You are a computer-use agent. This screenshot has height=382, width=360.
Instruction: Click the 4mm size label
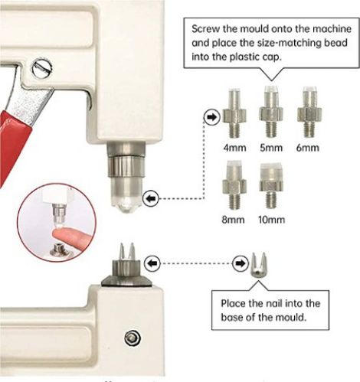(234, 148)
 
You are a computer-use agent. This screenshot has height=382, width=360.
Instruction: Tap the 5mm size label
(271, 148)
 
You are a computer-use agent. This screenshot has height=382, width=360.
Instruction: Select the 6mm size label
(308, 148)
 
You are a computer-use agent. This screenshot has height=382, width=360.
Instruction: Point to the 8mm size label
(233, 220)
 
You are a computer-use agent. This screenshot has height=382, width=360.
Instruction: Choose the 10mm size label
(271, 220)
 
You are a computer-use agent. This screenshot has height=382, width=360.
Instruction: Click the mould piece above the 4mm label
(234, 113)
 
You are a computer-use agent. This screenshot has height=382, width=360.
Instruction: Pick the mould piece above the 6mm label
(309, 113)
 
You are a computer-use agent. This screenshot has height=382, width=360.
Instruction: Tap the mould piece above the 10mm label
(271, 185)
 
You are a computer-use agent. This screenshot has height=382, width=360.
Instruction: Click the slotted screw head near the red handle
(43, 67)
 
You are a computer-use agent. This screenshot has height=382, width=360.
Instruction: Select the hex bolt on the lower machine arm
(133, 338)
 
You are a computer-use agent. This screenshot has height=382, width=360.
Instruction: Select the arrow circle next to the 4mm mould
(212, 117)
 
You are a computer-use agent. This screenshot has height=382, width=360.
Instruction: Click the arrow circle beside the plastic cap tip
(151, 198)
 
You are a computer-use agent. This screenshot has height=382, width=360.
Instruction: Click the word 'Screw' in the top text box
(205, 28)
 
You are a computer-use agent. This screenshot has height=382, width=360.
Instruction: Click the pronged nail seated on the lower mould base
(127, 251)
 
